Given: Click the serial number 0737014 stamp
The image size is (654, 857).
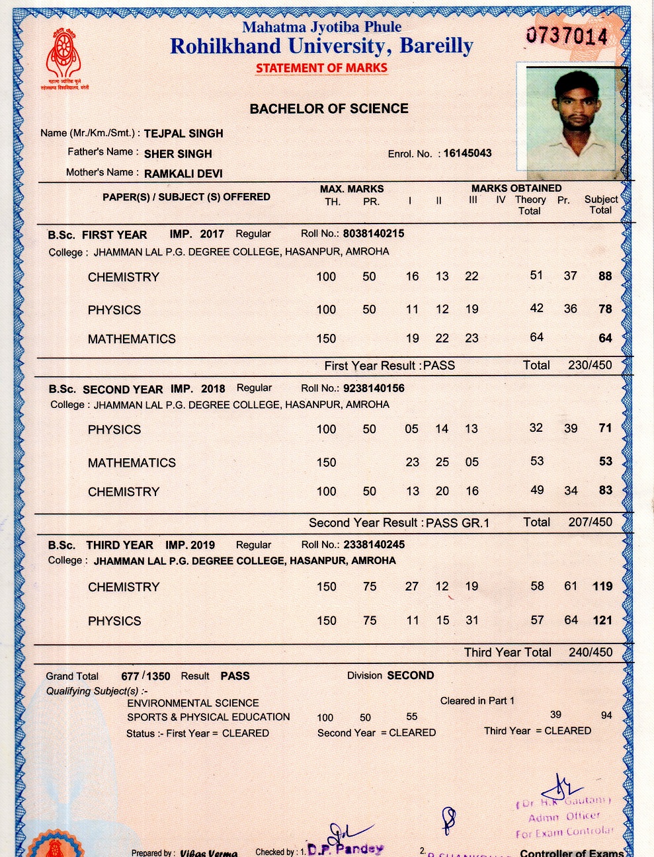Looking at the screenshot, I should [567, 35].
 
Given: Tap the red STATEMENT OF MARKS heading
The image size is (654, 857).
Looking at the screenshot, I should [321, 67].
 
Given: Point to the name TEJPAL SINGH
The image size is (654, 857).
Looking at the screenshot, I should [183, 133].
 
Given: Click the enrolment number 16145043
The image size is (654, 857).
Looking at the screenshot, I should [468, 153].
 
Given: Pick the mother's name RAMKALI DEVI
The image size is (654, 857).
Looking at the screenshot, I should [183, 173].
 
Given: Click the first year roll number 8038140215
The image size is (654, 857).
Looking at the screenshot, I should [374, 233].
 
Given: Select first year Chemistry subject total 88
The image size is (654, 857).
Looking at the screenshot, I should [605, 276].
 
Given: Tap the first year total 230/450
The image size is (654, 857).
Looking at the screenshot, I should [590, 365].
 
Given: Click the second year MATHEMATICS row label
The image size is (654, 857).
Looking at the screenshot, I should [132, 462].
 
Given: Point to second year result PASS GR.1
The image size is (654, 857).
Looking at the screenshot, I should [458, 522].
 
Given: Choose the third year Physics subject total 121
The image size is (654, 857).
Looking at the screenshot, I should [602, 620].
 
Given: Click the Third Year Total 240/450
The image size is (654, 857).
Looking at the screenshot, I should [590, 652].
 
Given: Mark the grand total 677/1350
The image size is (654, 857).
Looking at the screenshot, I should [145, 676].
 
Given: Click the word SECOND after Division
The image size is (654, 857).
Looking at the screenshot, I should [411, 675].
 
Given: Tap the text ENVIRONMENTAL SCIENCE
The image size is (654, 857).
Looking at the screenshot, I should [193, 703].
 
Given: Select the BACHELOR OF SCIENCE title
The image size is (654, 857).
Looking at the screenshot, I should [329, 108].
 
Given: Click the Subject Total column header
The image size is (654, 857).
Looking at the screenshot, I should [600, 204].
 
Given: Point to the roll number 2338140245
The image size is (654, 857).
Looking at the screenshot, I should [374, 545].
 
